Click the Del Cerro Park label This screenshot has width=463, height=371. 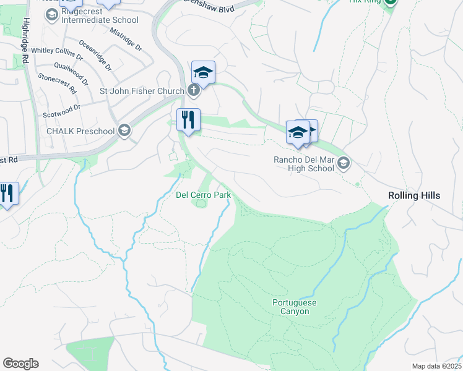tap(204, 195)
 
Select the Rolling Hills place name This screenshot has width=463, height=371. tap(414, 195)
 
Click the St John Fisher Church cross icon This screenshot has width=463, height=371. tap(193, 92)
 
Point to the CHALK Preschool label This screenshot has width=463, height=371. tap(80, 130)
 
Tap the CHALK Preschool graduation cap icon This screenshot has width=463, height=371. tap(125, 130)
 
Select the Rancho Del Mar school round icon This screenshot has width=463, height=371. tap(344, 163)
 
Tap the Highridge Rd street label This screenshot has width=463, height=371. tap(25, 41)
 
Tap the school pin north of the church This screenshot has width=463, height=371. tap(203, 73)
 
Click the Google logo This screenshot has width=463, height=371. tap(20, 364)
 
